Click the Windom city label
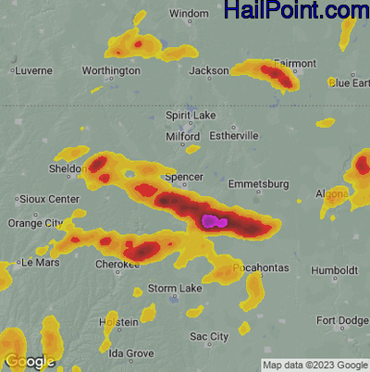(190, 14)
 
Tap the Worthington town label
(111, 70)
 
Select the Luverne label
(33, 70)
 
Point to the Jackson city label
(208, 70)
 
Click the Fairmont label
(294, 63)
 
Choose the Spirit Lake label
(190, 115)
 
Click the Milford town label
(182, 135)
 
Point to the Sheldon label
(66, 169)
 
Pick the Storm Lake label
(176, 289)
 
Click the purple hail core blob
(214, 220)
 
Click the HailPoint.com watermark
(297, 11)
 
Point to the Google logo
(29, 361)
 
